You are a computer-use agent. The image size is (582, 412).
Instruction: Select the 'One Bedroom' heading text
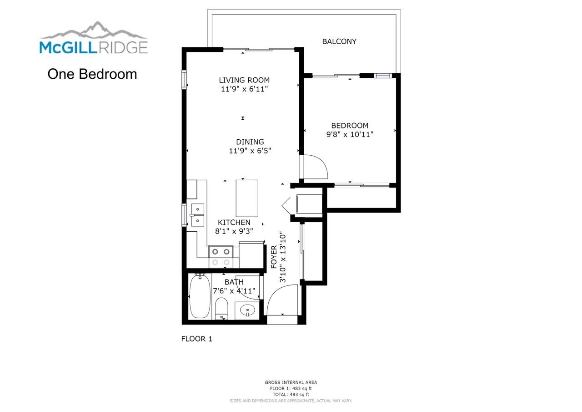click(92, 74)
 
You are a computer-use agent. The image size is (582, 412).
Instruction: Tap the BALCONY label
click(339, 41)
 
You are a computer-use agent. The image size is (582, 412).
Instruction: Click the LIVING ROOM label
click(244, 81)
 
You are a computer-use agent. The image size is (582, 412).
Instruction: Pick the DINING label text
click(250, 142)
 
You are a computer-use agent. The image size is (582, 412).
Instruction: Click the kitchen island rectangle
click(247, 198)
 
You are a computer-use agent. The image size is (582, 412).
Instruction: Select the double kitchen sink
click(197, 215)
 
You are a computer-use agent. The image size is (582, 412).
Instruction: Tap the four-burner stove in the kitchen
click(221, 257)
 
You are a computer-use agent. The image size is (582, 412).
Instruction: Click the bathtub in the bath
click(199, 296)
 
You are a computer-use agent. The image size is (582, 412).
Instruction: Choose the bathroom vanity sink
click(247, 310)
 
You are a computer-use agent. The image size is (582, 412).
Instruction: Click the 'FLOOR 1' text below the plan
click(196, 339)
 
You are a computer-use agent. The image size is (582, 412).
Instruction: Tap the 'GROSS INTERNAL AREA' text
click(291, 382)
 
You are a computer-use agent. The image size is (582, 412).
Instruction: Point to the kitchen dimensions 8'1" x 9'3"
click(234, 231)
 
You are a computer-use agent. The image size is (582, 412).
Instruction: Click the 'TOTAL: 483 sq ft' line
click(291, 394)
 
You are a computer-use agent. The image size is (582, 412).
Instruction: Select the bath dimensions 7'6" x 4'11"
click(234, 290)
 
